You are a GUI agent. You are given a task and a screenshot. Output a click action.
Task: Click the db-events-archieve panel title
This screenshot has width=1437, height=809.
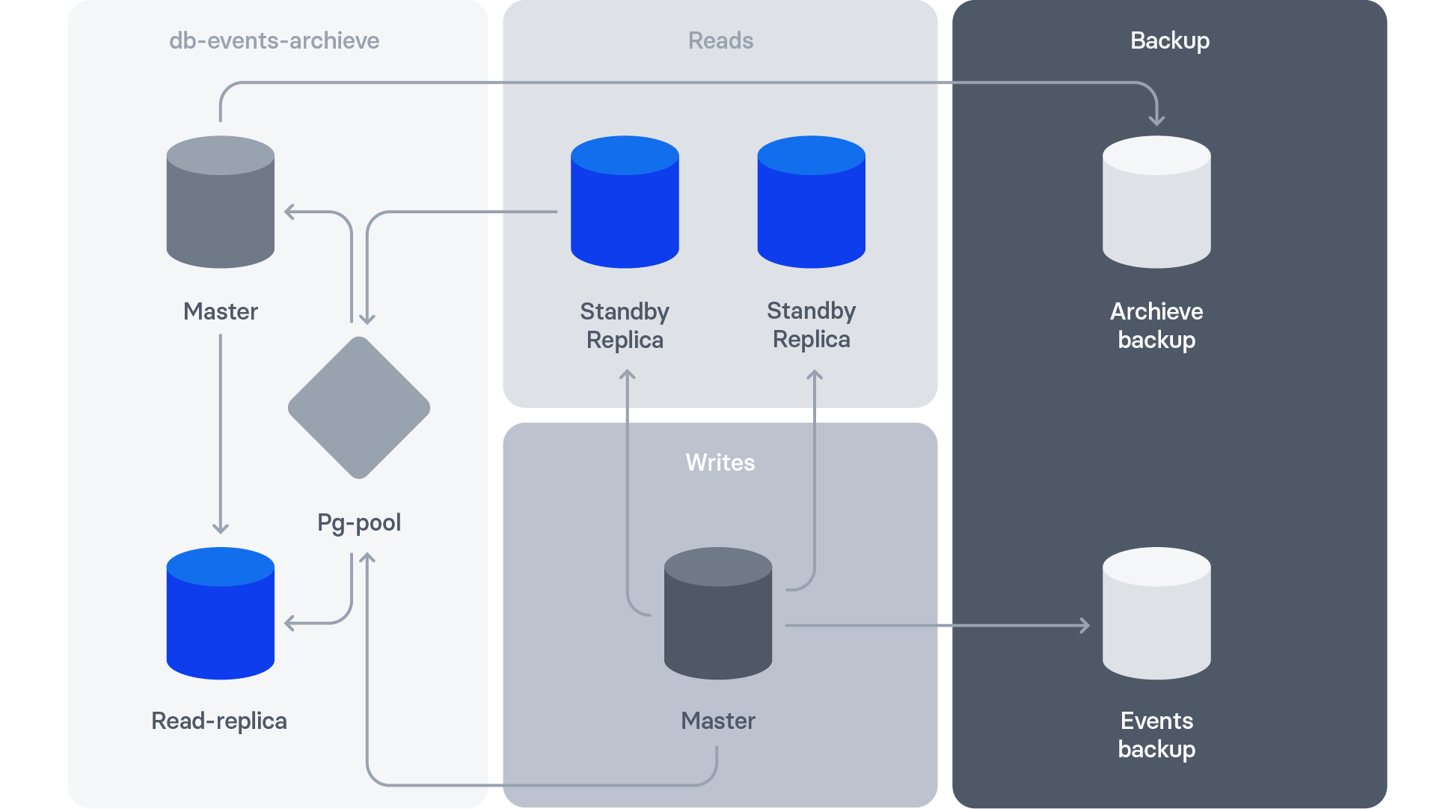pos(274,40)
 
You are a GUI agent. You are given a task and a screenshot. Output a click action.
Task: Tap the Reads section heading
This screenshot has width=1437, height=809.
pos(720,40)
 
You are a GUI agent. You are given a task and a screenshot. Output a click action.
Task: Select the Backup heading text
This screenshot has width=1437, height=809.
pos(1169,40)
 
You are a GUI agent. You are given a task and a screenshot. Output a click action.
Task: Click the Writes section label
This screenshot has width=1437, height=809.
pos(720,462)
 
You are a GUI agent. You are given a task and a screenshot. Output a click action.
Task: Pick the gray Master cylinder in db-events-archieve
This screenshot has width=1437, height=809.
pos(220,202)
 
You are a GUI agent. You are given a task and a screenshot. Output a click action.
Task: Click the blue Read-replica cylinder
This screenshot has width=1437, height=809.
pos(220,614)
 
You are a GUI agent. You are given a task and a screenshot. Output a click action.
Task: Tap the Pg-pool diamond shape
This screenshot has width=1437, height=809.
pos(359,408)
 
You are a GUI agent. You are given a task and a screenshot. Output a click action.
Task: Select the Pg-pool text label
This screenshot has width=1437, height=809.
pos(359,522)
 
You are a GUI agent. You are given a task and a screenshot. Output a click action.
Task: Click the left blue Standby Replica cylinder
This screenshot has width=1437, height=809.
pos(625,202)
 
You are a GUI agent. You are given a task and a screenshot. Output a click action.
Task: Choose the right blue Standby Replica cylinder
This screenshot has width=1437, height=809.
pos(811,202)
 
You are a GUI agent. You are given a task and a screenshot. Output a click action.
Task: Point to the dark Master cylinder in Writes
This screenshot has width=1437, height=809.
pos(718,614)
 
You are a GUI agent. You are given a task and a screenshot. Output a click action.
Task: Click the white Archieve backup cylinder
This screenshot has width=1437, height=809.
pos(1156,202)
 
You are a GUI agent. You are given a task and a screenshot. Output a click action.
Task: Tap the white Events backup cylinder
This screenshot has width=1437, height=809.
pos(1156,614)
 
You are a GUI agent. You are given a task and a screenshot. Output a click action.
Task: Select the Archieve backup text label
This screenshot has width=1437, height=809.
pos(1156,325)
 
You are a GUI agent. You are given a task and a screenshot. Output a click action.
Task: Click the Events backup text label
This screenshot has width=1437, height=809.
pos(1156,734)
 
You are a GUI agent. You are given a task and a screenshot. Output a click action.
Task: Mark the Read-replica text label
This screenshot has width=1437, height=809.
pos(219,721)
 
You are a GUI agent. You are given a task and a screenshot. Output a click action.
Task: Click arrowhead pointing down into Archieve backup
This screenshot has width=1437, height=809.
pos(1156,120)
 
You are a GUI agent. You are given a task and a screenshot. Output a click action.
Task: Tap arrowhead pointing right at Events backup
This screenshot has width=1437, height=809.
pos(1085,625)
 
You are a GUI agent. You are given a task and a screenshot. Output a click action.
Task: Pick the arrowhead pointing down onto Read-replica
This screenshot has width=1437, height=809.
pos(220,528)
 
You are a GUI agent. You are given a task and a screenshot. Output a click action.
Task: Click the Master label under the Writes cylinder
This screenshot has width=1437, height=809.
pos(718,721)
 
